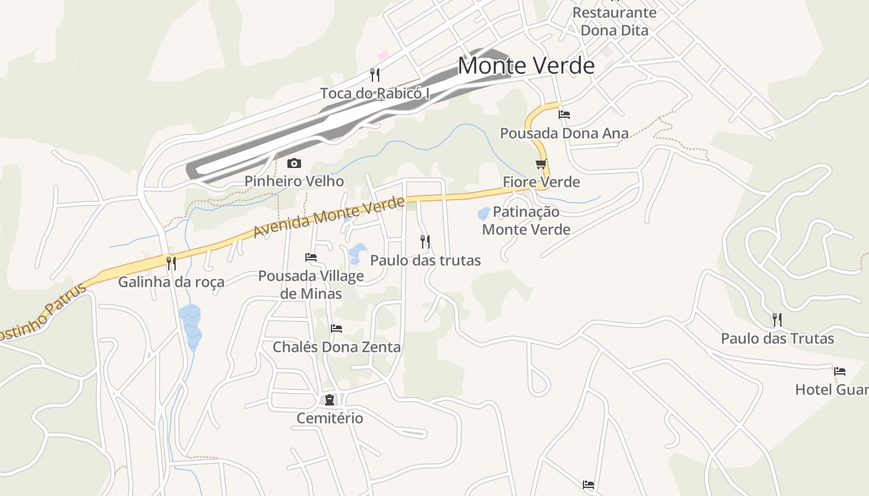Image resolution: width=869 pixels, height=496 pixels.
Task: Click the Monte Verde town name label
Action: click(526, 65)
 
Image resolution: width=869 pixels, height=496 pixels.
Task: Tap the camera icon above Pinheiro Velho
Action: click(294, 164)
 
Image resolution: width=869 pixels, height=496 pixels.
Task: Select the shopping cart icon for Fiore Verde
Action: click(541, 164)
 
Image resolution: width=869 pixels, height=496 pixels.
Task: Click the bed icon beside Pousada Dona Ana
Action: click(564, 115)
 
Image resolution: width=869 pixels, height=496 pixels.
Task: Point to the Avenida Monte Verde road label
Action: click(329, 218)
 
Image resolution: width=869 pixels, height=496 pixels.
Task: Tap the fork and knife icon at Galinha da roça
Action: click(171, 263)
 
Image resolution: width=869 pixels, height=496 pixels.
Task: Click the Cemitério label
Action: click(330, 418)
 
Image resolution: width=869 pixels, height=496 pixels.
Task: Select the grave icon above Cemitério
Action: click(330, 400)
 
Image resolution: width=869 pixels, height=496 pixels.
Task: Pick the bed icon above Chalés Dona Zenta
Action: click(336, 329)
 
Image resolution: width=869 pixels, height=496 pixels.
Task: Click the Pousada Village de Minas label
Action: click(311, 285)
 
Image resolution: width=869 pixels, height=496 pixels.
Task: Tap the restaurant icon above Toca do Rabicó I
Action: click(375, 75)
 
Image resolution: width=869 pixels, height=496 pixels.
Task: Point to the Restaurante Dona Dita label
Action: click(614, 21)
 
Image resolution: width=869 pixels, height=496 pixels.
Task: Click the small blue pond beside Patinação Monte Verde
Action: click(484, 214)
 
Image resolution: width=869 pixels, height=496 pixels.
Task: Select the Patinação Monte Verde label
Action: click(526, 221)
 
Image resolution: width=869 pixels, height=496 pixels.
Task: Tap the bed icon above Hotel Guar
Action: click(840, 371)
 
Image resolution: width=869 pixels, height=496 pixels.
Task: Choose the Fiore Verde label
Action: click(541, 182)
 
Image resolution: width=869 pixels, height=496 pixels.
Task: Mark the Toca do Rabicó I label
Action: click(375, 94)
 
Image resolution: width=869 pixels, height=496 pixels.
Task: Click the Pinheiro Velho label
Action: click(294, 181)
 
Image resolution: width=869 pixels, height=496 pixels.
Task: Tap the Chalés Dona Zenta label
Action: click(336, 347)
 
